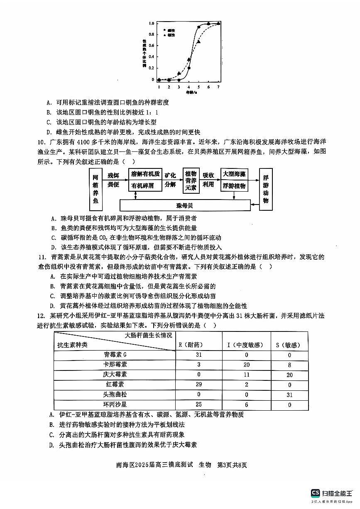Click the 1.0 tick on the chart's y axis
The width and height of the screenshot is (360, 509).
[x=152, y=24]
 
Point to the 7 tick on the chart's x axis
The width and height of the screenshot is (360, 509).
[x=218, y=87]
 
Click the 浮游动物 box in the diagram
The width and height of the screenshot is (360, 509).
[x=266, y=189]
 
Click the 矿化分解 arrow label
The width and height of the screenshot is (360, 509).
[x=171, y=179]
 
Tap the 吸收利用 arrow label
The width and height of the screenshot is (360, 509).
[x=208, y=179]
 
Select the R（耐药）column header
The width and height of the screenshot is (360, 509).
[x=191, y=345]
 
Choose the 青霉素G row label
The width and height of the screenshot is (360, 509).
[x=115, y=355]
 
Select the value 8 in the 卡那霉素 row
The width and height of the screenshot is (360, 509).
[x=289, y=365]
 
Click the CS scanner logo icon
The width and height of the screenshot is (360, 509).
[x=316, y=493]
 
